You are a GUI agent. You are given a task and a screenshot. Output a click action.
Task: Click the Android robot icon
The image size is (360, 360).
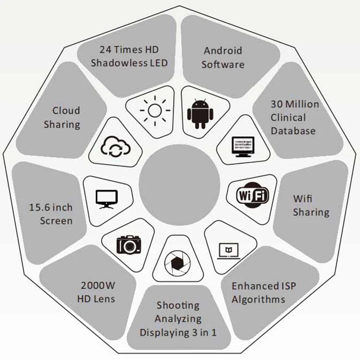point(200,114)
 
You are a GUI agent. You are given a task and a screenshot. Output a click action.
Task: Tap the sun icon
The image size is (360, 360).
point(155,111)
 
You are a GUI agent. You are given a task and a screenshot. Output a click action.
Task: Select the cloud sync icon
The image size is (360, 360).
point(116,146)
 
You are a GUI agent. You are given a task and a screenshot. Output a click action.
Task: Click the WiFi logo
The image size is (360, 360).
point(252,195)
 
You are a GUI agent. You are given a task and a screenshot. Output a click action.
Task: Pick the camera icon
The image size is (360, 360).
point(129,245)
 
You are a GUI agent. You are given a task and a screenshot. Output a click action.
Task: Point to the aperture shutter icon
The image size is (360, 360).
point(177,264)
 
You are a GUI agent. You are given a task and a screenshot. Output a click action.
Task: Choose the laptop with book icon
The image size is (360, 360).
point(228,251)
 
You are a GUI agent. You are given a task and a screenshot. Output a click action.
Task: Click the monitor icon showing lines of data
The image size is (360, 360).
point(243,147)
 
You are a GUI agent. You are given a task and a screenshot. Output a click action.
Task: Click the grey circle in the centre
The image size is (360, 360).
point(180,185)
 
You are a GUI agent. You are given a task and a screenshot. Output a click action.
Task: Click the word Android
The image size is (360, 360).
point(223,51)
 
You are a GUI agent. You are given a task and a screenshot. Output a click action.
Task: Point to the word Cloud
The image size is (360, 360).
point(66,110)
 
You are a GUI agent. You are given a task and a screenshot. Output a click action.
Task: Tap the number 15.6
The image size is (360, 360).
point(39,207)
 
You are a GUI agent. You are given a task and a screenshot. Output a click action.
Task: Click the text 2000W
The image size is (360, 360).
point(98,286)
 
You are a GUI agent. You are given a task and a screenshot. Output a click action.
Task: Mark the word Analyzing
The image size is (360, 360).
point(178,319)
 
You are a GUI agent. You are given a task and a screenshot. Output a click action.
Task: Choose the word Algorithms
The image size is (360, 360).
point(258,300)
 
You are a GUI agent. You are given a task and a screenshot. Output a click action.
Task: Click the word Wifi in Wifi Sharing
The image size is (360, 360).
point(302,199)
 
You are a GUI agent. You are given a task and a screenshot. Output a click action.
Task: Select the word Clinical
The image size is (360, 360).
point(288,118)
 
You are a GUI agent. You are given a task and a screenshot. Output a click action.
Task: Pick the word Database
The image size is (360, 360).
point(293,131)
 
